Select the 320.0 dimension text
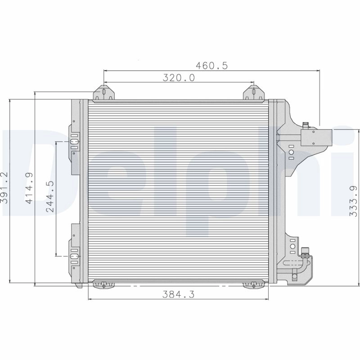click(178, 77)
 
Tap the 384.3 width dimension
click(178, 294)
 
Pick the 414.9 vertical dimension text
click(29, 188)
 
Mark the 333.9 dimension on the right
click(353, 202)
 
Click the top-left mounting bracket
click(104, 94)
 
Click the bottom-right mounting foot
click(253, 284)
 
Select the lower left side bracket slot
click(74, 256)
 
